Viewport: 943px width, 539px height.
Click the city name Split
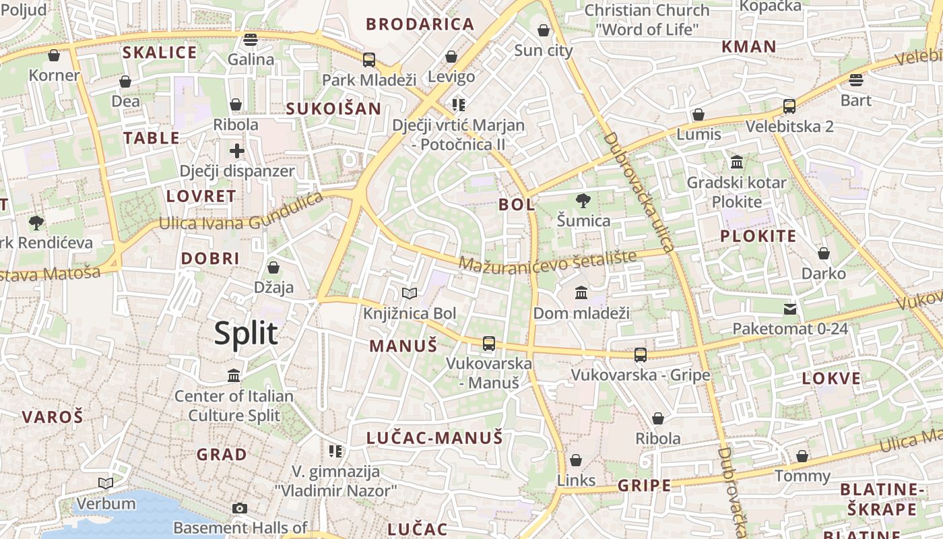click(x=246, y=334)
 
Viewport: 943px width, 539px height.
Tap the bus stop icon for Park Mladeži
click(x=368, y=59)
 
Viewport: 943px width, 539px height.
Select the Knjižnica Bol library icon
click(x=410, y=293)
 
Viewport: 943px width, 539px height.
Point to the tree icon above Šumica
click(x=583, y=200)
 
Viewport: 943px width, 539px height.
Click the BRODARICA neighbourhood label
click(x=420, y=24)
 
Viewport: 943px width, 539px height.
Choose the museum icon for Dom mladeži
click(x=581, y=292)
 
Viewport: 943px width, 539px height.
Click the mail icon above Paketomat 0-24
click(x=789, y=309)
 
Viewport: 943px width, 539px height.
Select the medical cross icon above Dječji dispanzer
click(x=236, y=150)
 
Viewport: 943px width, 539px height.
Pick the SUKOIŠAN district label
click(x=333, y=108)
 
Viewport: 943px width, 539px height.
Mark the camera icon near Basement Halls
click(x=240, y=508)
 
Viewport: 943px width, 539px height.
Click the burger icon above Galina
click(x=251, y=39)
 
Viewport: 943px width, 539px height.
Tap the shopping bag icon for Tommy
click(x=802, y=456)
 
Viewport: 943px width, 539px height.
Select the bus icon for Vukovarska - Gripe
click(x=640, y=354)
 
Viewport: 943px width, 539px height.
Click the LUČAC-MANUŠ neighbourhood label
click(x=434, y=438)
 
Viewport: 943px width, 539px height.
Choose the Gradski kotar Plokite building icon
click(x=737, y=162)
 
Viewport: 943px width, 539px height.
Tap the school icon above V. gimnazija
click(x=335, y=451)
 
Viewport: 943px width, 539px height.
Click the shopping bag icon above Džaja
click(x=273, y=267)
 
